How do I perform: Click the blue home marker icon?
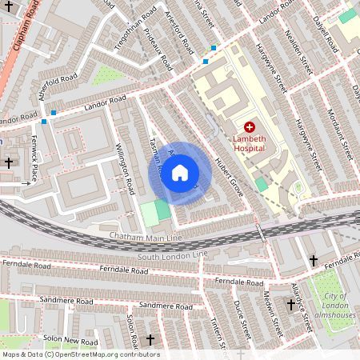coord(180,173)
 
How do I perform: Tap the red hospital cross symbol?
coord(249,127)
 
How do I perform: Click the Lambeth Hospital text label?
coord(249,143)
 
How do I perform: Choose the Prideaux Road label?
coord(155,49)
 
